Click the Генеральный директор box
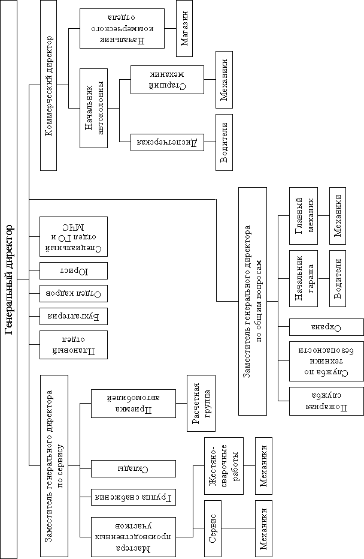(x=10, y=279)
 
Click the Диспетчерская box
(x=162, y=142)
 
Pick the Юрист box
(x=73, y=271)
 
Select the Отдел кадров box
(x=73, y=293)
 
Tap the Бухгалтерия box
(x=73, y=315)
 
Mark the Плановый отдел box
(x=73, y=345)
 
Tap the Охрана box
(x=326, y=327)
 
